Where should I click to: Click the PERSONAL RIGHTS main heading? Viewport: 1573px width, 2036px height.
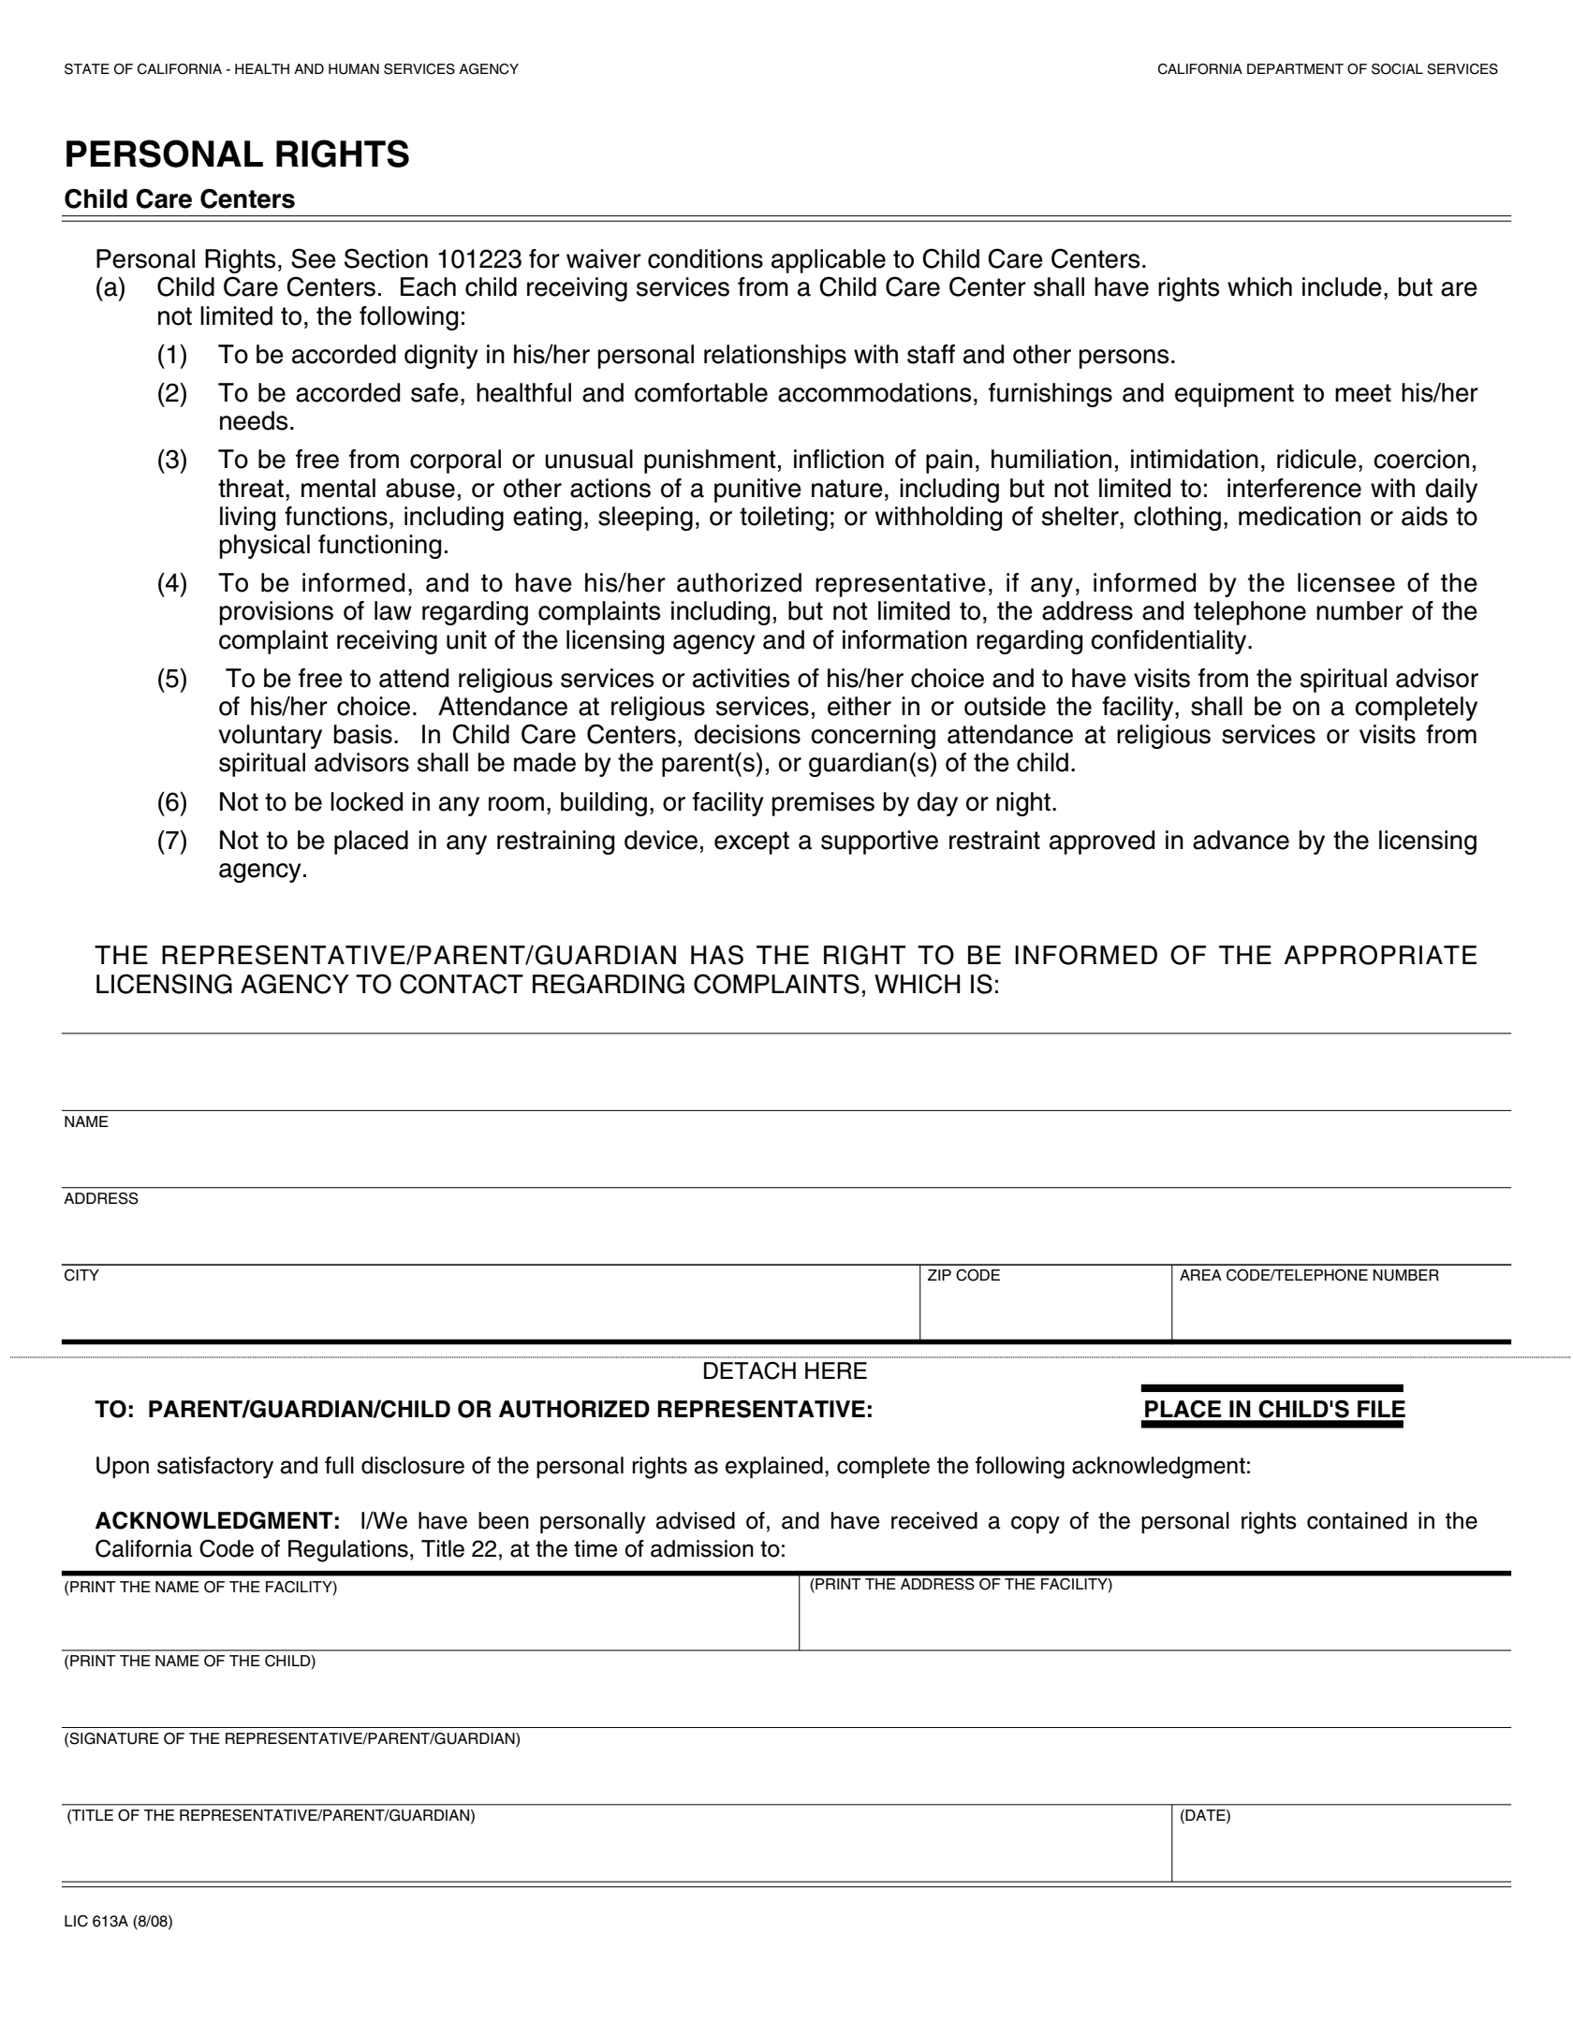pos(237,154)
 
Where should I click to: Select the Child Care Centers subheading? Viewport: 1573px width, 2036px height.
pos(179,199)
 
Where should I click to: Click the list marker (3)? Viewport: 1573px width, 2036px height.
pos(171,460)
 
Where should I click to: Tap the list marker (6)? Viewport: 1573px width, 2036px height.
pos(171,802)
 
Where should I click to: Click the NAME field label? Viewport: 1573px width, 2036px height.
pos(86,1121)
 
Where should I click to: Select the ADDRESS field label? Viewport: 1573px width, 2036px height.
pos(101,1198)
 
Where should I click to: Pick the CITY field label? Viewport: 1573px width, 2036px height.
pos(81,1275)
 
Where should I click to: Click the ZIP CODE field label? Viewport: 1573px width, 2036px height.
pos(963,1275)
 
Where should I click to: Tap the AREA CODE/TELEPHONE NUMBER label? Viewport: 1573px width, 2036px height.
pos(1309,1275)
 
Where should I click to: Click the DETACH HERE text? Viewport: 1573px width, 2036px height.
pos(785,1371)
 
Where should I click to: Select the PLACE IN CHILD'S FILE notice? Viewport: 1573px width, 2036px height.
pos(1273,1410)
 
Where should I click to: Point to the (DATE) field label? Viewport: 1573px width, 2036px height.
pos(1205,1816)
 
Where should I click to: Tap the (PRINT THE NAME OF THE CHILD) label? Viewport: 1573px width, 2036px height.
pos(190,1662)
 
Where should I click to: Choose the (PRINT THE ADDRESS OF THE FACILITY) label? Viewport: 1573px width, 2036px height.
pos(961,1585)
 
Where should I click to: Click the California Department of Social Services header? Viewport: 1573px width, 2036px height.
pos(1327,69)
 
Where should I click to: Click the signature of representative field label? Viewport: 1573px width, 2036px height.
pos(292,1739)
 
